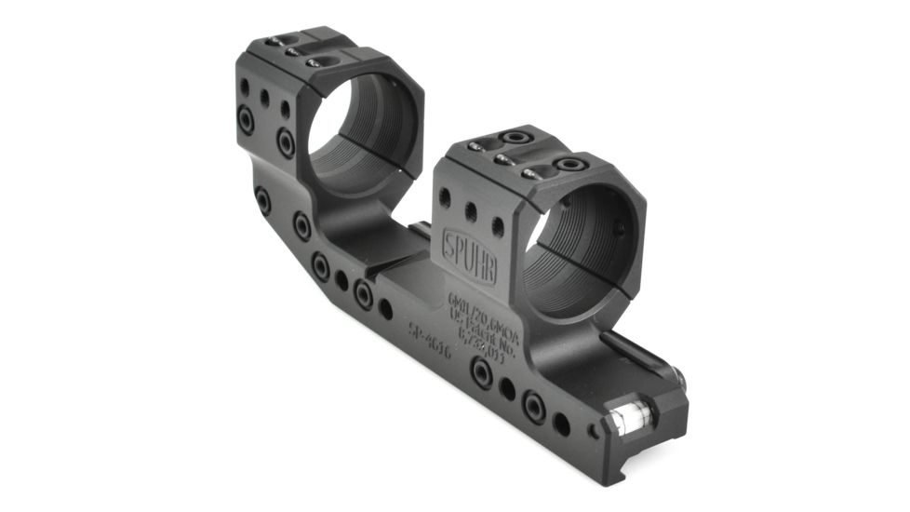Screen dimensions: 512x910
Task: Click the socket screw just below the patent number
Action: point(482,372)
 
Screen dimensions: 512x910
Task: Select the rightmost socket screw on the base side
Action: point(534,406)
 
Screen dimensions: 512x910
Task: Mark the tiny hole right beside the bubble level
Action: point(594,431)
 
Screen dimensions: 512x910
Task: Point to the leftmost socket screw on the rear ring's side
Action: point(247,121)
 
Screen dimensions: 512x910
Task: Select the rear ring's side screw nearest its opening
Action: point(286,142)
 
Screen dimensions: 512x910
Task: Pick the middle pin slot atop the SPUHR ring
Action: point(505,160)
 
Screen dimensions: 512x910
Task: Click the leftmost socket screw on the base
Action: point(263,200)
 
